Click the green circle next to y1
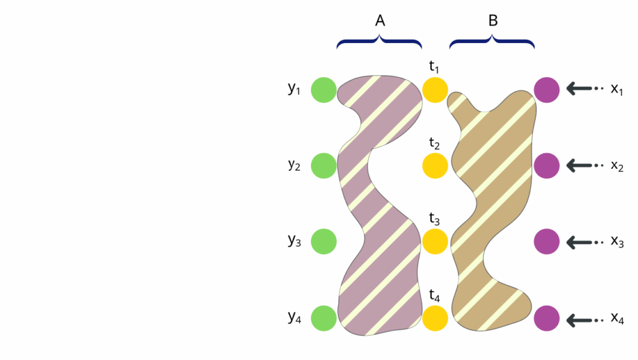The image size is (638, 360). click(x=323, y=90)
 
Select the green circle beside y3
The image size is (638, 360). click(x=323, y=241)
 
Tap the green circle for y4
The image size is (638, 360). click(x=323, y=318)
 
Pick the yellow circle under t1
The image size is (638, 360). click(x=435, y=90)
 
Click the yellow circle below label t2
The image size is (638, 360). click(x=435, y=166)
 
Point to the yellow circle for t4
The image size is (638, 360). click(x=435, y=318)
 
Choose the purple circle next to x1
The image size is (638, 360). click(x=547, y=90)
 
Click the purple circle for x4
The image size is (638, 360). click(x=547, y=318)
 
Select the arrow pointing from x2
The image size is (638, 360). click(x=584, y=166)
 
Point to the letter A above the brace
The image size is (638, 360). click(x=380, y=21)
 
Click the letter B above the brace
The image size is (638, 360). click(x=492, y=21)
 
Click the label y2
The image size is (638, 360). click(x=294, y=165)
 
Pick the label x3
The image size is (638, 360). click(x=617, y=242)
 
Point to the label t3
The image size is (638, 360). click(x=434, y=219)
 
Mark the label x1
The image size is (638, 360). click(x=617, y=90)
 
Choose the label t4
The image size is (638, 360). click(x=434, y=296)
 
